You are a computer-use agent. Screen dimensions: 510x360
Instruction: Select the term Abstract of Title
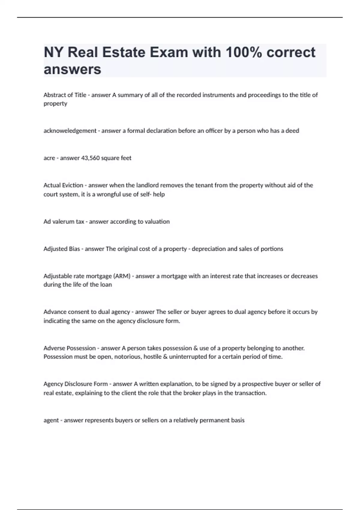coord(65,95)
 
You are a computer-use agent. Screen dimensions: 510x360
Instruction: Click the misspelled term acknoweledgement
coord(70,131)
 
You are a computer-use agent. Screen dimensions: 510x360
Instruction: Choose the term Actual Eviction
coord(63,185)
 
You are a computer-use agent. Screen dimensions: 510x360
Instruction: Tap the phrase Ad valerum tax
coord(64,222)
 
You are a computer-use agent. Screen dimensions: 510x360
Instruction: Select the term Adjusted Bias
coord(62,249)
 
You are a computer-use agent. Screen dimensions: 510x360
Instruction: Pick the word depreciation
coord(208,249)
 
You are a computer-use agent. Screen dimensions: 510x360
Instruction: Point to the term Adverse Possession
coord(70,348)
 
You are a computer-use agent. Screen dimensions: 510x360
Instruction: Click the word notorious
coord(127,357)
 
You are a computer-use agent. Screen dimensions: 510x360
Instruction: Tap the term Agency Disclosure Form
coord(76,384)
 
